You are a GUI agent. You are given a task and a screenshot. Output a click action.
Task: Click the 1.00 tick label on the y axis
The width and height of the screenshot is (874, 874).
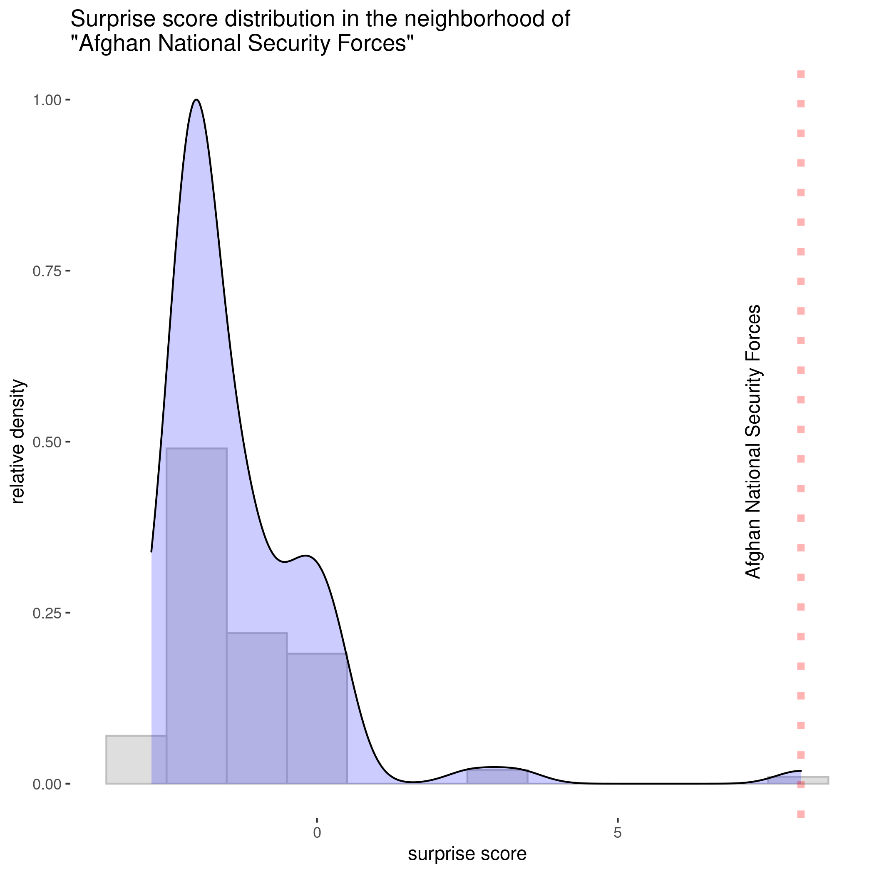(x=47, y=100)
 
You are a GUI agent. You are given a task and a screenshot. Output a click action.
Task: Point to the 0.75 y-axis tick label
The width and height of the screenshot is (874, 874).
(x=47, y=271)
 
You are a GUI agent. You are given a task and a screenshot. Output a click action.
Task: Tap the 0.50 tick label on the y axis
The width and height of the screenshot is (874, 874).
(x=47, y=442)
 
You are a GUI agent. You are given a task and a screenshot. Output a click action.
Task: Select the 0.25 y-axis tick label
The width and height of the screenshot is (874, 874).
(x=47, y=614)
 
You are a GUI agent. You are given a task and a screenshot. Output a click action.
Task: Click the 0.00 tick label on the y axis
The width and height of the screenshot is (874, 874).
(x=47, y=785)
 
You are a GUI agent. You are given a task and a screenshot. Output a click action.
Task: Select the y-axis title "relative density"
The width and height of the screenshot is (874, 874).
(x=18, y=442)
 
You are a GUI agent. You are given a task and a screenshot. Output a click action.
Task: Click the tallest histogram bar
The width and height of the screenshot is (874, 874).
(x=197, y=615)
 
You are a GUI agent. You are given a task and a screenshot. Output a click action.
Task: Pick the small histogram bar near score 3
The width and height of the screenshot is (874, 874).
(x=497, y=777)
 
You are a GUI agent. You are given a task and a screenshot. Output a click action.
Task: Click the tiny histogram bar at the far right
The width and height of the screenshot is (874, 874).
(x=798, y=780)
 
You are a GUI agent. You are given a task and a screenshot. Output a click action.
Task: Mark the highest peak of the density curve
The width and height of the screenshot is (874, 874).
(x=196, y=100)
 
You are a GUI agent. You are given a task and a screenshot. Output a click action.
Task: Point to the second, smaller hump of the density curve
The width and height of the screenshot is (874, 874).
(x=307, y=556)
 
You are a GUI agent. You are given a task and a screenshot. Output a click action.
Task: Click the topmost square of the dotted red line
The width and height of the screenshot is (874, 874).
(x=801, y=74)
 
